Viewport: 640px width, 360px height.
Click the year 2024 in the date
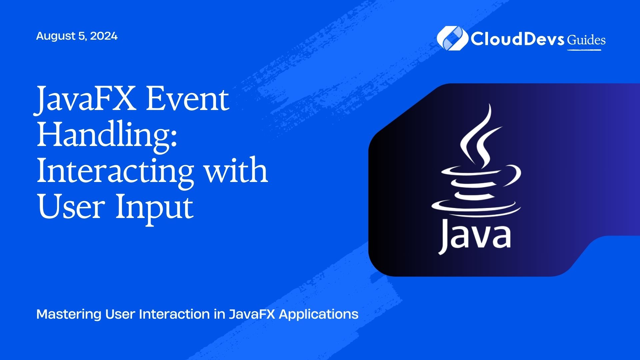(x=104, y=36)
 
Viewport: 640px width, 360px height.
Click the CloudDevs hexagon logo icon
(x=452, y=38)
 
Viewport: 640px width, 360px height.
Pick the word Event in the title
(x=187, y=100)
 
